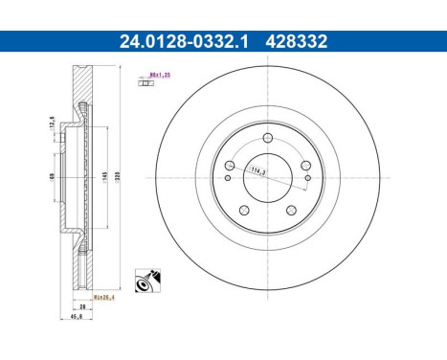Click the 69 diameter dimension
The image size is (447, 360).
point(52,176)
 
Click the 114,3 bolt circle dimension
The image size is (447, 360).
point(257,171)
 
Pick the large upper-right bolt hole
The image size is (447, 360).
point(306,166)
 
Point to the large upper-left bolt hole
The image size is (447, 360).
point(228,166)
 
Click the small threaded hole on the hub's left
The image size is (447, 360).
point(228,177)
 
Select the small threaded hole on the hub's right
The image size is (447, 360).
point(307,177)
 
